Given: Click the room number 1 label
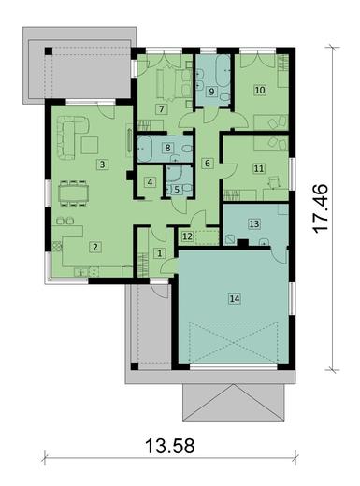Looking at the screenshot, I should click(159, 252).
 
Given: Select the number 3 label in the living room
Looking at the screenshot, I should click(100, 165).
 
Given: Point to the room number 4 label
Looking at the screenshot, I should click(149, 182).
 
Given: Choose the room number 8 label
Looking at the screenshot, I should click(167, 148).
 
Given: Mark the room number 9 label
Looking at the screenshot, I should click(211, 92).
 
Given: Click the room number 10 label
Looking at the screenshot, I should click(260, 90).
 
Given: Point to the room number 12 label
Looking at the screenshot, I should click(187, 236).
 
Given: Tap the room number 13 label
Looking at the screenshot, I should click(253, 224).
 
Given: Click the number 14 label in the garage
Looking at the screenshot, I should click(234, 299).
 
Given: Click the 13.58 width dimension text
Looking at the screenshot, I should click(169, 446).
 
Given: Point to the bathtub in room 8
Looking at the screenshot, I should click(150, 147).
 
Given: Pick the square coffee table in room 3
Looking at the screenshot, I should click(91, 144).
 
